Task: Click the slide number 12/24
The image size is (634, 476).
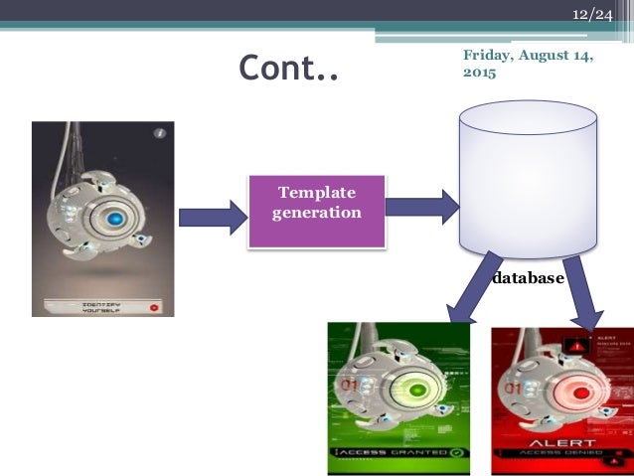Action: (x=591, y=16)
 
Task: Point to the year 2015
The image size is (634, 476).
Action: (x=480, y=74)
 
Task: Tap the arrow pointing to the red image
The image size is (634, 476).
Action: (x=582, y=293)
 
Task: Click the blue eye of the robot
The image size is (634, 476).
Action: (x=116, y=219)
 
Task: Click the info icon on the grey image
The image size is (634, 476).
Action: (x=159, y=133)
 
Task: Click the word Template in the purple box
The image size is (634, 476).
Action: (x=316, y=193)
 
